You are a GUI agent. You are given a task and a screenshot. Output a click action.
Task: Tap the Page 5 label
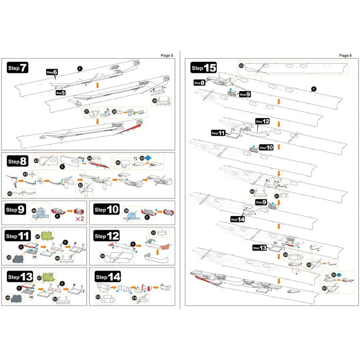(168, 55)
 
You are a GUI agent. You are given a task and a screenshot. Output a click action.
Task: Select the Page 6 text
(346, 55)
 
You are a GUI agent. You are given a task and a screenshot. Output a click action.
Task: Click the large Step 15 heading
(203, 67)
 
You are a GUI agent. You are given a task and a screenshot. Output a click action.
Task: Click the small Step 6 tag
(52, 73)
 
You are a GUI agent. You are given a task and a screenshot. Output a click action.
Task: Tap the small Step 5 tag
(60, 93)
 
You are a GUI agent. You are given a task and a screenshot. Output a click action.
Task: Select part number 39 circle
(155, 101)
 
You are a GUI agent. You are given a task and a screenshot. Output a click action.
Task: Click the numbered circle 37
(86, 112)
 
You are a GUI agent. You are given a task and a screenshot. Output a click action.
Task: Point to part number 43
(36, 160)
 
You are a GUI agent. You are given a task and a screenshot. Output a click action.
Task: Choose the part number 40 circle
(10, 193)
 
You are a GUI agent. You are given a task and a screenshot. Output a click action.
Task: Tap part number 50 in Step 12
(102, 256)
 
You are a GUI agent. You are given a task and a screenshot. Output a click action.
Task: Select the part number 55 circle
(241, 65)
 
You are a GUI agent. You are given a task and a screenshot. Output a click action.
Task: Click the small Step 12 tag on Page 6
(262, 121)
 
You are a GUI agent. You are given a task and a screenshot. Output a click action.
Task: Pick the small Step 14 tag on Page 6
(238, 219)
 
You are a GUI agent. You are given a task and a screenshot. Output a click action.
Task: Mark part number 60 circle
(325, 288)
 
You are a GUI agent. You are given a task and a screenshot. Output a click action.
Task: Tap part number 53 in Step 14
(98, 297)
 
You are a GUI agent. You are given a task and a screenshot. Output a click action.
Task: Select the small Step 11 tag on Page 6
(218, 133)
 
